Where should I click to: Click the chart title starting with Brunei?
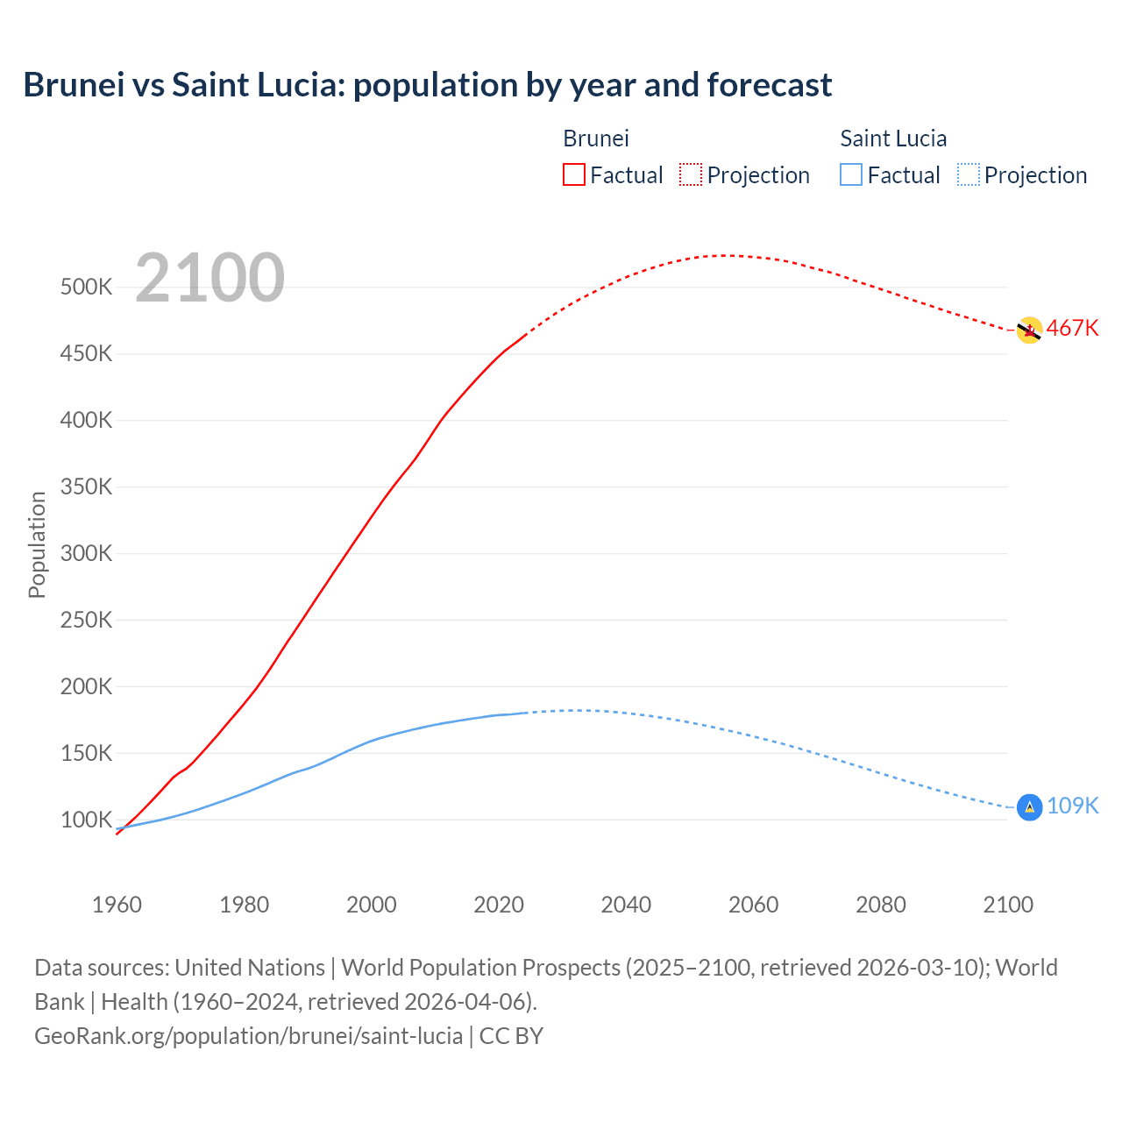(x=428, y=85)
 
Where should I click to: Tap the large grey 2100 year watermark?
(x=209, y=278)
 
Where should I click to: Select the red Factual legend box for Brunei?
(x=573, y=174)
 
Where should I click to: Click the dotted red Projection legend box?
(x=691, y=174)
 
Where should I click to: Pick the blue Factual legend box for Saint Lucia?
(x=851, y=174)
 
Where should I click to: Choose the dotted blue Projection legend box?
(x=968, y=174)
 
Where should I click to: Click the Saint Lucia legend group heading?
(x=893, y=138)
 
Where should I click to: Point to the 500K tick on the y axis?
(x=86, y=288)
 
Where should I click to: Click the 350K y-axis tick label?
(x=86, y=486)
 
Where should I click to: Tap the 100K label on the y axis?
(x=86, y=820)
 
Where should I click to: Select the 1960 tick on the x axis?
(x=117, y=905)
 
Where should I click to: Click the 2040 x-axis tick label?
(x=626, y=905)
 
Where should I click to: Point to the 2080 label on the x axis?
(x=880, y=905)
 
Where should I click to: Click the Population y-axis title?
(x=37, y=544)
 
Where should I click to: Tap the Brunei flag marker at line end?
(x=1029, y=330)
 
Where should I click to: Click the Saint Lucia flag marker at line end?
(x=1029, y=806)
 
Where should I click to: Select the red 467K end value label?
(x=1072, y=328)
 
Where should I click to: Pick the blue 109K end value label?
(x=1072, y=806)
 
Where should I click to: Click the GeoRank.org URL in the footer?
(x=248, y=1035)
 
